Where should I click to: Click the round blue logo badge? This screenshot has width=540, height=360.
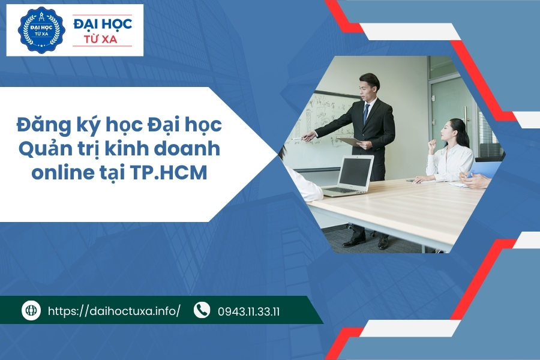pyautogui.click(x=41, y=30)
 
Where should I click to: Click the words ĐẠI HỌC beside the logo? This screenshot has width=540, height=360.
pyautogui.click(x=102, y=25)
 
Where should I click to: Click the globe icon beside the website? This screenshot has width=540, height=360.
pyautogui.click(x=31, y=310)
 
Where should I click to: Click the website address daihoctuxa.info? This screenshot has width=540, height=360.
pyautogui.click(x=113, y=311)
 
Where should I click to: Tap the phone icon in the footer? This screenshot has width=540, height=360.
pyautogui.click(x=202, y=310)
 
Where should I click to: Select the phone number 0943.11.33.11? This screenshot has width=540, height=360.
pyautogui.click(x=249, y=311)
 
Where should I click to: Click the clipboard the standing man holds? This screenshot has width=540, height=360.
pyautogui.click(x=350, y=142)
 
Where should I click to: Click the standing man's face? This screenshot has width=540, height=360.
pyautogui.click(x=366, y=88)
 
